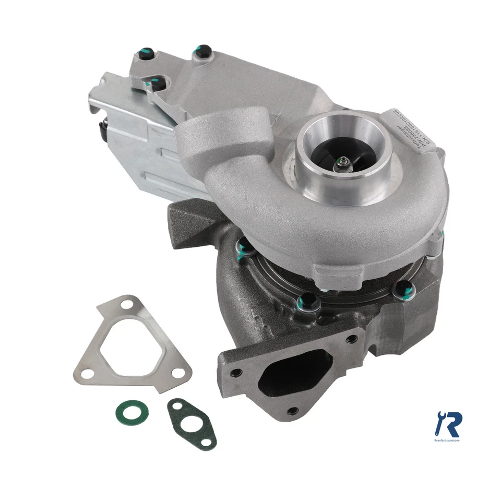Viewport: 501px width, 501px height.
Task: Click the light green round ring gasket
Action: coord(131,412)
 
